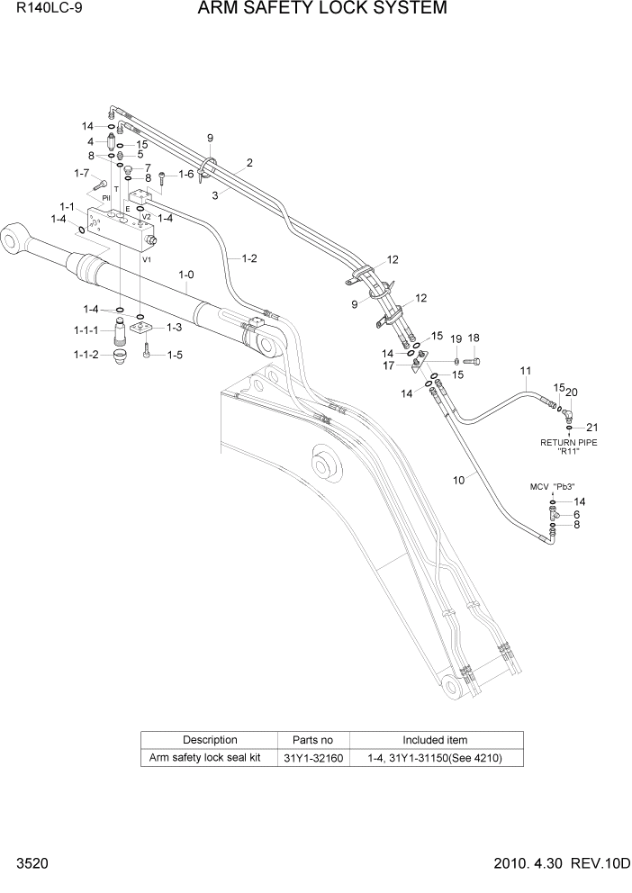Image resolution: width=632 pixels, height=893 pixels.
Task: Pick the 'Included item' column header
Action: (x=435, y=740)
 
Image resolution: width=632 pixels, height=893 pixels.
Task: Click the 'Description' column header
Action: (x=210, y=740)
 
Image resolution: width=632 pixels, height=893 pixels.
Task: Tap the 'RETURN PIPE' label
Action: (x=568, y=442)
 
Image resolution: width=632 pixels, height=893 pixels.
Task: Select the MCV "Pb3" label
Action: (x=552, y=486)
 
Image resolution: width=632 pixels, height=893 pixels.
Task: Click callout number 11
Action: (x=526, y=371)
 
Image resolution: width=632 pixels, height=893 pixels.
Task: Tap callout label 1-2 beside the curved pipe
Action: (x=248, y=258)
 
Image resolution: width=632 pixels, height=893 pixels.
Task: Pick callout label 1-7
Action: (x=81, y=174)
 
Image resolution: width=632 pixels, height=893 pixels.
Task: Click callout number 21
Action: (x=591, y=427)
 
